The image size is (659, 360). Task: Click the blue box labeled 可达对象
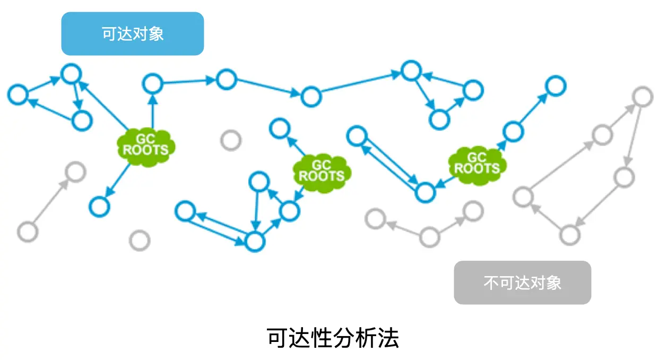133,33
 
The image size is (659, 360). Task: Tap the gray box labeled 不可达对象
522,282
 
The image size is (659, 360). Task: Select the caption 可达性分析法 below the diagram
333,338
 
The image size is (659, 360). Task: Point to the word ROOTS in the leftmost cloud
145,150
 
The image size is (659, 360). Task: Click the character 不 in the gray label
490,282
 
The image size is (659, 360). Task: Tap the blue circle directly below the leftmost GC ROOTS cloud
99,205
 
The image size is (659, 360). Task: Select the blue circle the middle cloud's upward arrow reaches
279,128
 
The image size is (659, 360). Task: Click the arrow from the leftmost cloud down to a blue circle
118,179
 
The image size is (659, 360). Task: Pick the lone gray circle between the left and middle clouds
231,140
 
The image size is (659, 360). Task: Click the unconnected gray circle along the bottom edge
140,241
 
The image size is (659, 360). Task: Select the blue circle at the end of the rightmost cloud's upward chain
556,85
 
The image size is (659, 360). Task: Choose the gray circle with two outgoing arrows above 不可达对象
429,237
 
